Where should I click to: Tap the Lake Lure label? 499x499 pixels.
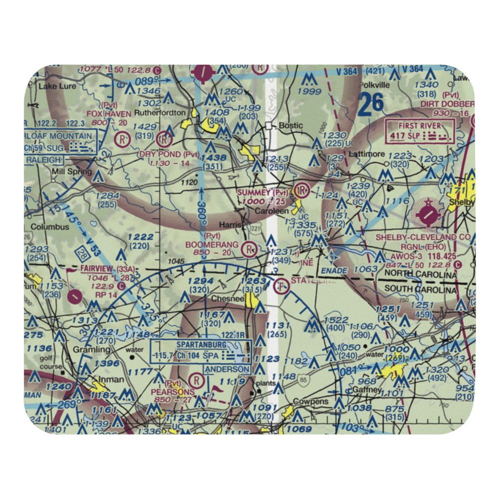(57, 86)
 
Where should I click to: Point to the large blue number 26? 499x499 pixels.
(371, 103)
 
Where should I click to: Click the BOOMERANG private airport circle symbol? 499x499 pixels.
(248, 248)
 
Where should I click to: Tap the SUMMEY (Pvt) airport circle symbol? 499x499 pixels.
(301, 190)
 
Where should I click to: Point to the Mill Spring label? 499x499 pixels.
(72, 172)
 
